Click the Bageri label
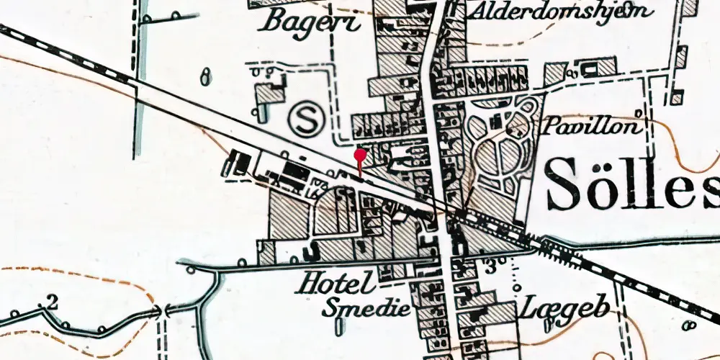pyautogui.click(x=311, y=21)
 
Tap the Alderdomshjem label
pyautogui.click(x=561, y=12)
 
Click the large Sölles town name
pyautogui.click(x=632, y=183)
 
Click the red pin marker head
pyautogui.click(x=361, y=153)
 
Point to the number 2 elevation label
pyautogui.click(x=51, y=301)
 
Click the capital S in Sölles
pyautogui.click(x=564, y=183)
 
